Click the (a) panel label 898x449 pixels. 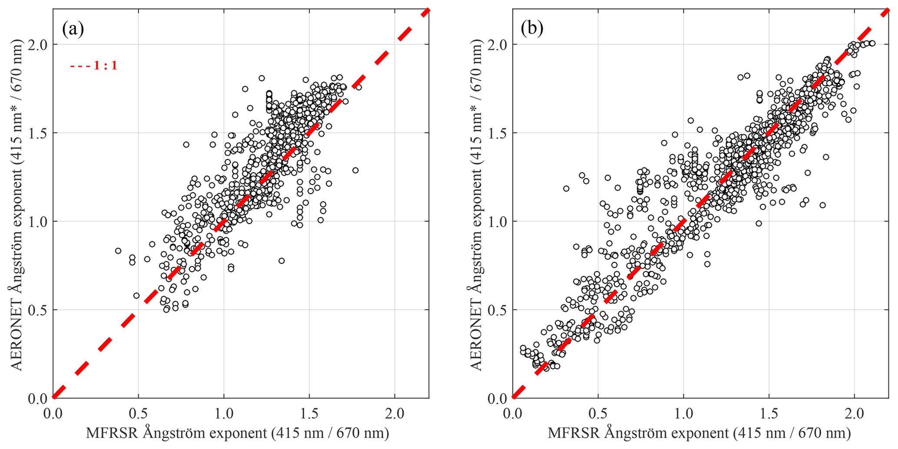coord(73,29)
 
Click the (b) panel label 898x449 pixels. coord(532,29)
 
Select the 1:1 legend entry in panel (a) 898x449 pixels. coord(94,66)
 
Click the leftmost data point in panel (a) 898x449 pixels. coord(118,251)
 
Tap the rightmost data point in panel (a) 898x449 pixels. coord(359,87)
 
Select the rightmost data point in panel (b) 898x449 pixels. coord(872,43)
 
